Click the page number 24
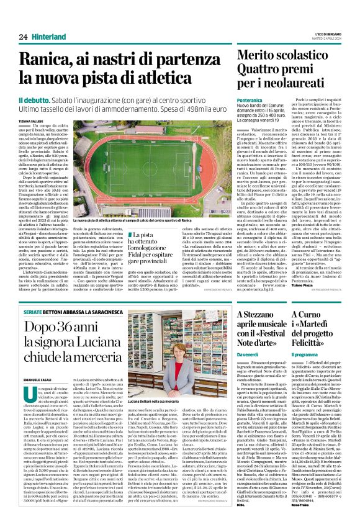point(23,37)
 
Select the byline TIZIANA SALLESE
point(30,121)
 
